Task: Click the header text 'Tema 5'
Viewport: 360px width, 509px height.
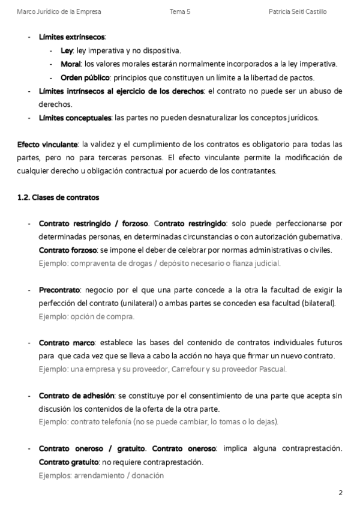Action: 179,11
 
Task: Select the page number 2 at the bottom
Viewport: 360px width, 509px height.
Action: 340,493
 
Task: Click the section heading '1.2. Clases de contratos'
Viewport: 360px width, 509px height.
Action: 58,197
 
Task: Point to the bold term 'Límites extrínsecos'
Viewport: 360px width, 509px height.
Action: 71,37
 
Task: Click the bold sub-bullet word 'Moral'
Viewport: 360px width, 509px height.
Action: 71,64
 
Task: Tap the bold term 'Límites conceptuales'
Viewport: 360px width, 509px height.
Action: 75,118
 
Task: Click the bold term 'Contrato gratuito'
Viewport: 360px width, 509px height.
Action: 68,462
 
